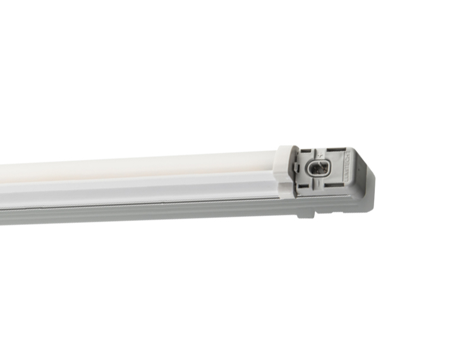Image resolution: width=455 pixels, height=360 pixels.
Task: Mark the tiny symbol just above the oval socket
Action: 320,155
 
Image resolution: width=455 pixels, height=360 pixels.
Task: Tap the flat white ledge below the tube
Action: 158,189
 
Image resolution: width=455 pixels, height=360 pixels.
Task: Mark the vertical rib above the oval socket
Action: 318,152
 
